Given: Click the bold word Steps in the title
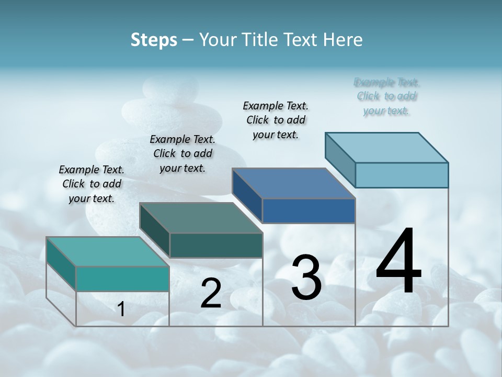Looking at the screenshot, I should coord(154,40).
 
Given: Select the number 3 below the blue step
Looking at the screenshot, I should coord(306,278).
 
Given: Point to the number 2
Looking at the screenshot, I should coord(211,293).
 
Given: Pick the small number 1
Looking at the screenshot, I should coord(121,309).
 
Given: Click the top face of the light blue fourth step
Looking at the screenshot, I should coord(387,147).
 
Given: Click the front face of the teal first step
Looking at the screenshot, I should coord(122,279).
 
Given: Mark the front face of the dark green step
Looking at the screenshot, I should coord(215,245).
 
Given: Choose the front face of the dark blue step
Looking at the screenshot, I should coord(309,210).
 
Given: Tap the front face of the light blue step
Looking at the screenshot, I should coord(402,175).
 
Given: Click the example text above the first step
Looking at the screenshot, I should coord(92,184).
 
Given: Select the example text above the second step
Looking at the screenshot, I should coord(182,153).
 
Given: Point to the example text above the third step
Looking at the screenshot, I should coord(276,120).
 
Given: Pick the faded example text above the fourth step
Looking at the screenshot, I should coord(386,96).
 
